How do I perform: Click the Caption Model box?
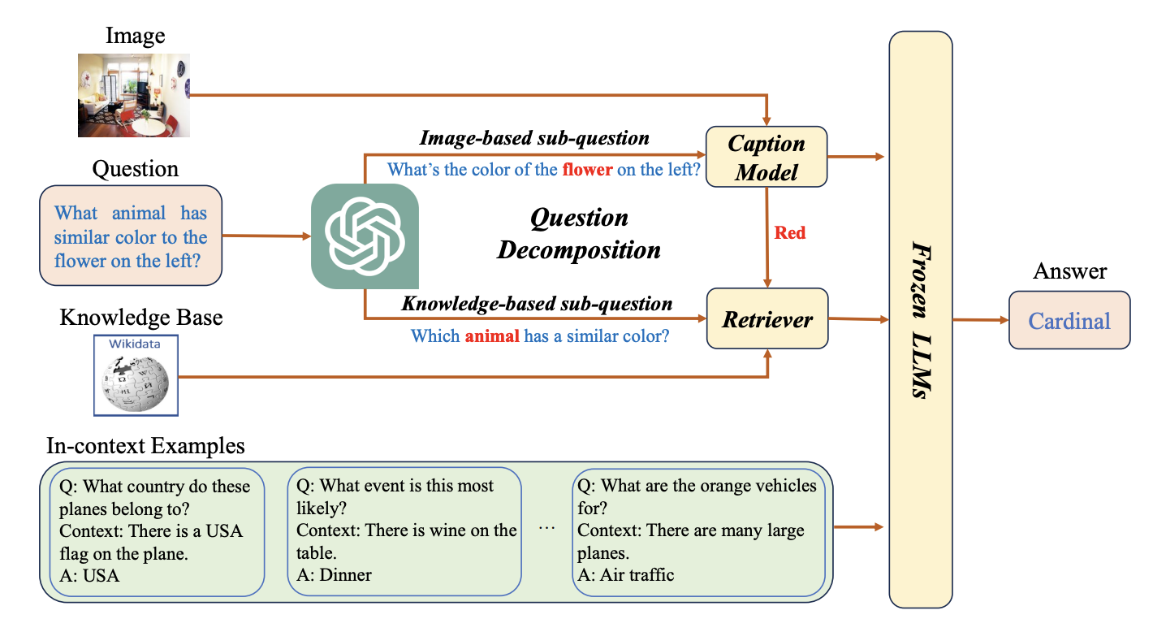point(766,158)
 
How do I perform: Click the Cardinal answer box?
point(1069,320)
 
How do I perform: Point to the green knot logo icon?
point(365,236)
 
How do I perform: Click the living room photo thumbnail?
point(133,95)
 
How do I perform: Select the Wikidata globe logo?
point(136,375)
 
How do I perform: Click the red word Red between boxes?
point(790,233)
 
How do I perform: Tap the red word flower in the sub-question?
point(586,170)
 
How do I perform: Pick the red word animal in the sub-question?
point(491,335)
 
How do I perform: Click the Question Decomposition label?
point(579,233)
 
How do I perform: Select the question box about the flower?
point(131,236)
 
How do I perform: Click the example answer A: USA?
point(89,576)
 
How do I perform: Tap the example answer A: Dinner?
point(334,575)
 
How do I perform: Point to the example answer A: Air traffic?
point(625,575)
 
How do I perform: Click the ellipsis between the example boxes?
point(546,529)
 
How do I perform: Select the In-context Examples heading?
point(145,446)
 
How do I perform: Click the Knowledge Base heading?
point(141,317)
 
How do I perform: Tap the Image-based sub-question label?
point(534,138)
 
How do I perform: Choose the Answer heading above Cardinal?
point(1069,271)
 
